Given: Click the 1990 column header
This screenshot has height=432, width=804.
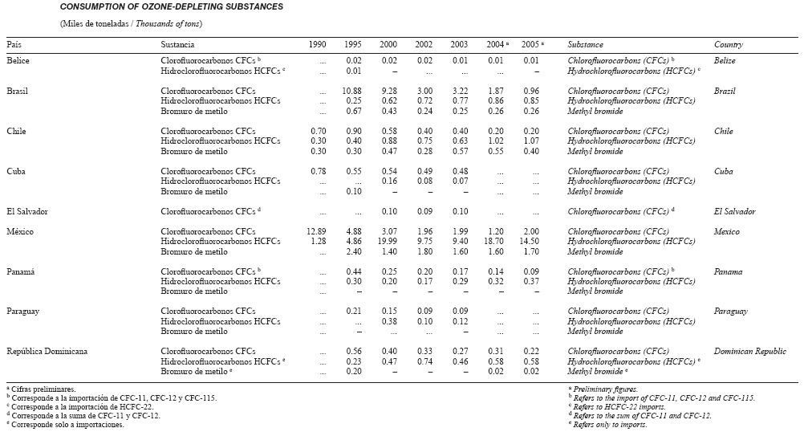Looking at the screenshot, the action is tap(318, 45).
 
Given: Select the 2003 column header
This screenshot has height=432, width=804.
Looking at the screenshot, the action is tap(459, 45).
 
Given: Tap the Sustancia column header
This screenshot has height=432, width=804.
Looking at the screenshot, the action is tap(177, 45).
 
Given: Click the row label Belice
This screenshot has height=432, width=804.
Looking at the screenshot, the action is tap(18, 60).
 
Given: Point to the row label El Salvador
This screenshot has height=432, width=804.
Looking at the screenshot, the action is tap(27, 211).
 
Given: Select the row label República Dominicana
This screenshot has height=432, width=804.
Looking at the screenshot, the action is tap(47, 352).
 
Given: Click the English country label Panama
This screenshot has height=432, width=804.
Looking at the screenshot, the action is tap(728, 272).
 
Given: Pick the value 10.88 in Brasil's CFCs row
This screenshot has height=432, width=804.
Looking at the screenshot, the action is tap(351, 91).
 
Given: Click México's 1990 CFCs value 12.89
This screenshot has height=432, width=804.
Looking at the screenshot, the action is tap(316, 231).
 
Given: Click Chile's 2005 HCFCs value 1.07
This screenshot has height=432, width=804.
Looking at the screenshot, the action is tap(531, 141).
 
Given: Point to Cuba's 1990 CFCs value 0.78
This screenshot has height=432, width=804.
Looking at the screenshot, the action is tap(319, 171).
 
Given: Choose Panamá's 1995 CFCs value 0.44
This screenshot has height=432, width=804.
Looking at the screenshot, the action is tap(354, 272).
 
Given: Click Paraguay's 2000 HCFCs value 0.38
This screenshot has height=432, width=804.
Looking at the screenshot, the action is tap(389, 322).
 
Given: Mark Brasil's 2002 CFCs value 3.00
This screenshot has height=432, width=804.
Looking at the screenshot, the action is tap(424, 91).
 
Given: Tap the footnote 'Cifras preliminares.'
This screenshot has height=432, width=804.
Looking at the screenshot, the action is tap(43, 389).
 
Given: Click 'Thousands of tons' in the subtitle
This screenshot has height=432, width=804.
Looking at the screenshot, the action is tap(169, 23).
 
